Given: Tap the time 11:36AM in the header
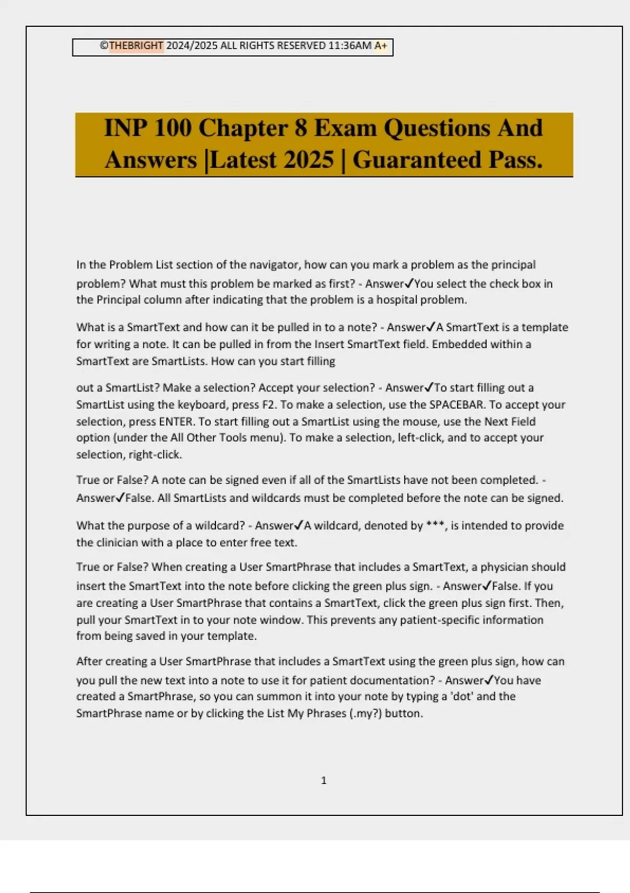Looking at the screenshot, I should (x=350, y=46).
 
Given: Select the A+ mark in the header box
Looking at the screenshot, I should (x=381, y=46).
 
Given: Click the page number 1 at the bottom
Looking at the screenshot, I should (x=323, y=781).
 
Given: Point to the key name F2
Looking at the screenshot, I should (x=268, y=405).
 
